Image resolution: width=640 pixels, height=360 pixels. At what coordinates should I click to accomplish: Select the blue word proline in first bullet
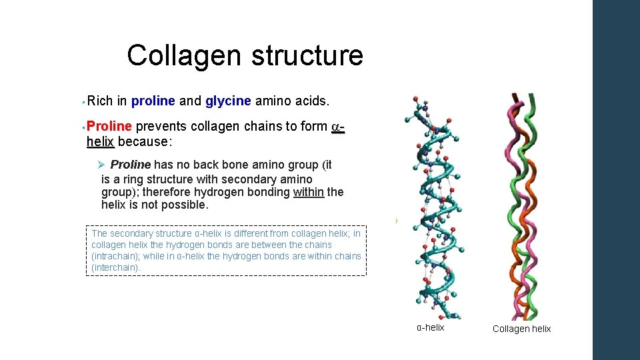153,101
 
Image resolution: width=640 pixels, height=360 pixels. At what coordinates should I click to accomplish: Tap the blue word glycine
228,101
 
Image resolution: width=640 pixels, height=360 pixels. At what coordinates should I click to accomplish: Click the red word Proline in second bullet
111,127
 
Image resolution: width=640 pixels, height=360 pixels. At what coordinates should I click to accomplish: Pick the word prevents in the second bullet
163,127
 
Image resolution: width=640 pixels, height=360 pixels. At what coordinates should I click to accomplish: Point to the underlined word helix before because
101,141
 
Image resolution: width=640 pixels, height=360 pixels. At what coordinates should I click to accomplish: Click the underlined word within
308,192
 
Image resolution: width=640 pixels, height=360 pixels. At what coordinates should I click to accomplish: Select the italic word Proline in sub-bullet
131,165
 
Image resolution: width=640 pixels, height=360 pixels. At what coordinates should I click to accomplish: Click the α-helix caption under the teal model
430,327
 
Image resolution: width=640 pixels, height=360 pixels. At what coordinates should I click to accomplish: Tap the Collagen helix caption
521,329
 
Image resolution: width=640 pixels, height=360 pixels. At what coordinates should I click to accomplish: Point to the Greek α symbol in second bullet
336,127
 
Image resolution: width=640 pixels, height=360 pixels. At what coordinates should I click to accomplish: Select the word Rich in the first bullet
100,101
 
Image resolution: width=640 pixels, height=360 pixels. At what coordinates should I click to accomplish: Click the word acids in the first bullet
314,101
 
